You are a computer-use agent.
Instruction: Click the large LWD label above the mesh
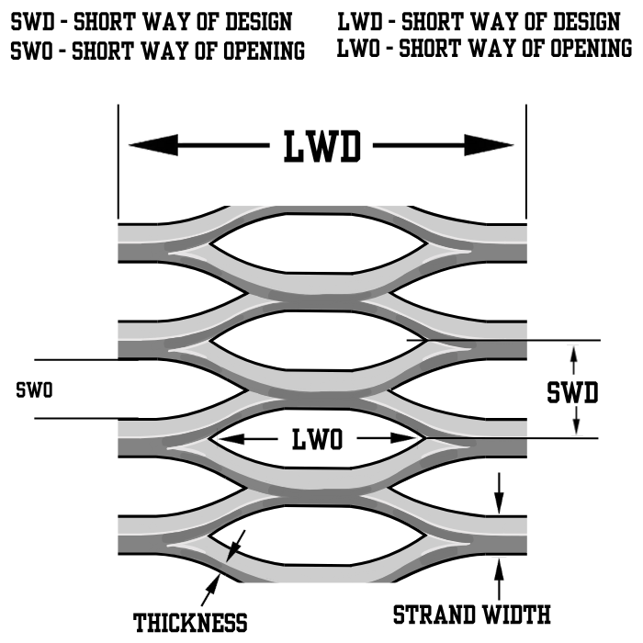coord(321,146)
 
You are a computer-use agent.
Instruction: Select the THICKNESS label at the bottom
coord(190,623)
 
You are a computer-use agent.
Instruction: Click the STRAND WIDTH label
coord(472,614)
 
